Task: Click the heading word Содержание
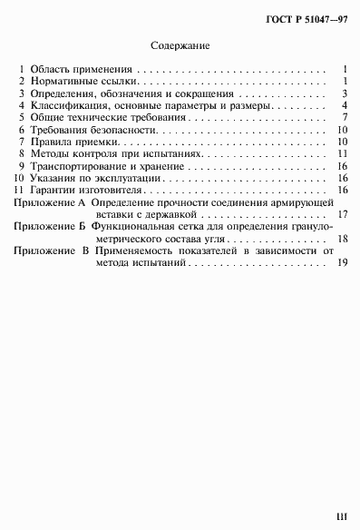tap(180, 43)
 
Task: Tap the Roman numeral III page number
tap(341, 516)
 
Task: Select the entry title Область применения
tap(82, 68)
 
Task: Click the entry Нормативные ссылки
tap(82, 81)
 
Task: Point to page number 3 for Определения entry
tap(346, 93)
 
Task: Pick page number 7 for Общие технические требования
tap(346, 118)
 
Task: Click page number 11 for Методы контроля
tap(344, 155)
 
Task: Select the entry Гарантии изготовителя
tap(90, 191)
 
